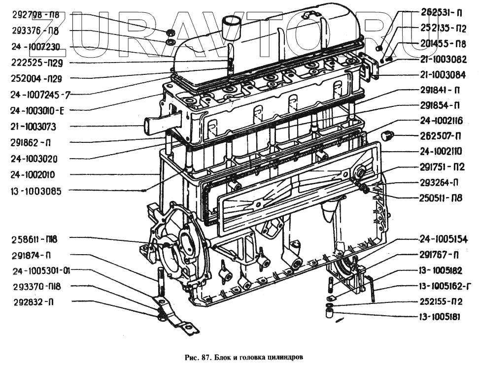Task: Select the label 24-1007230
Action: tap(35, 47)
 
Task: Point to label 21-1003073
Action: tap(33, 127)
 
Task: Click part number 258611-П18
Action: tap(34, 239)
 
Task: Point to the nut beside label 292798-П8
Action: tap(169, 33)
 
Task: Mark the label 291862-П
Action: tap(33, 143)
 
